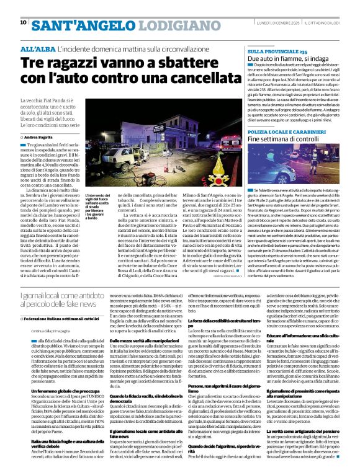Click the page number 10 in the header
23,22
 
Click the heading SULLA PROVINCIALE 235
277,51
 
